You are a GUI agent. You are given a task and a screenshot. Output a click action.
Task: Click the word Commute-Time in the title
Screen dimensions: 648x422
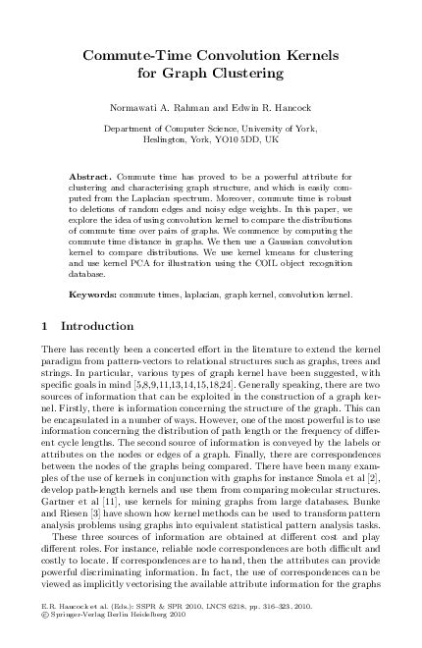click(x=147, y=55)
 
